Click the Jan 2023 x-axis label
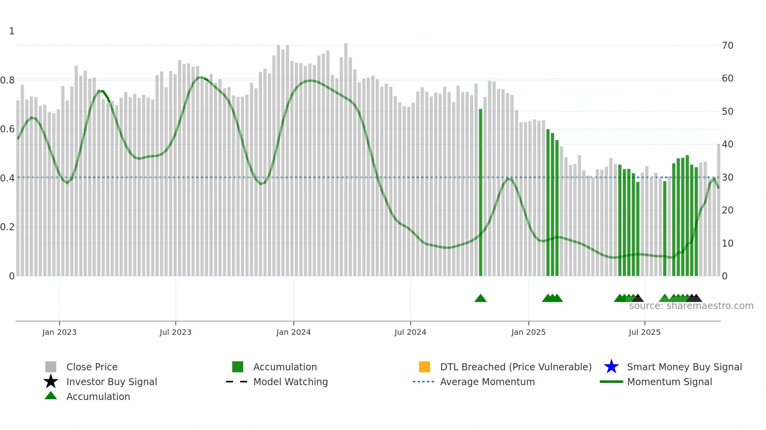click(59, 332)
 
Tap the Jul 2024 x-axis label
click(410, 332)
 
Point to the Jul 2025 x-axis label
click(644, 332)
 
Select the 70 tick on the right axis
click(727, 46)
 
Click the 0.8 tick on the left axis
click(7, 80)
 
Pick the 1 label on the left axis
click(12, 31)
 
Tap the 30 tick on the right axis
click(727, 178)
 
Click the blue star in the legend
click(611, 367)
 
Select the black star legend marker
click(51, 382)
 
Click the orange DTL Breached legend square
click(424, 367)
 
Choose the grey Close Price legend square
click(51, 367)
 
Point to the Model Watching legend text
click(290, 382)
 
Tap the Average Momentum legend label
click(487, 382)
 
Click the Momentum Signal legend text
click(669, 382)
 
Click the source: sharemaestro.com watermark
click(691, 306)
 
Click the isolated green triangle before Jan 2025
click(481, 299)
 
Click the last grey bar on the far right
click(718, 211)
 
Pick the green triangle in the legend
click(51, 396)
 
